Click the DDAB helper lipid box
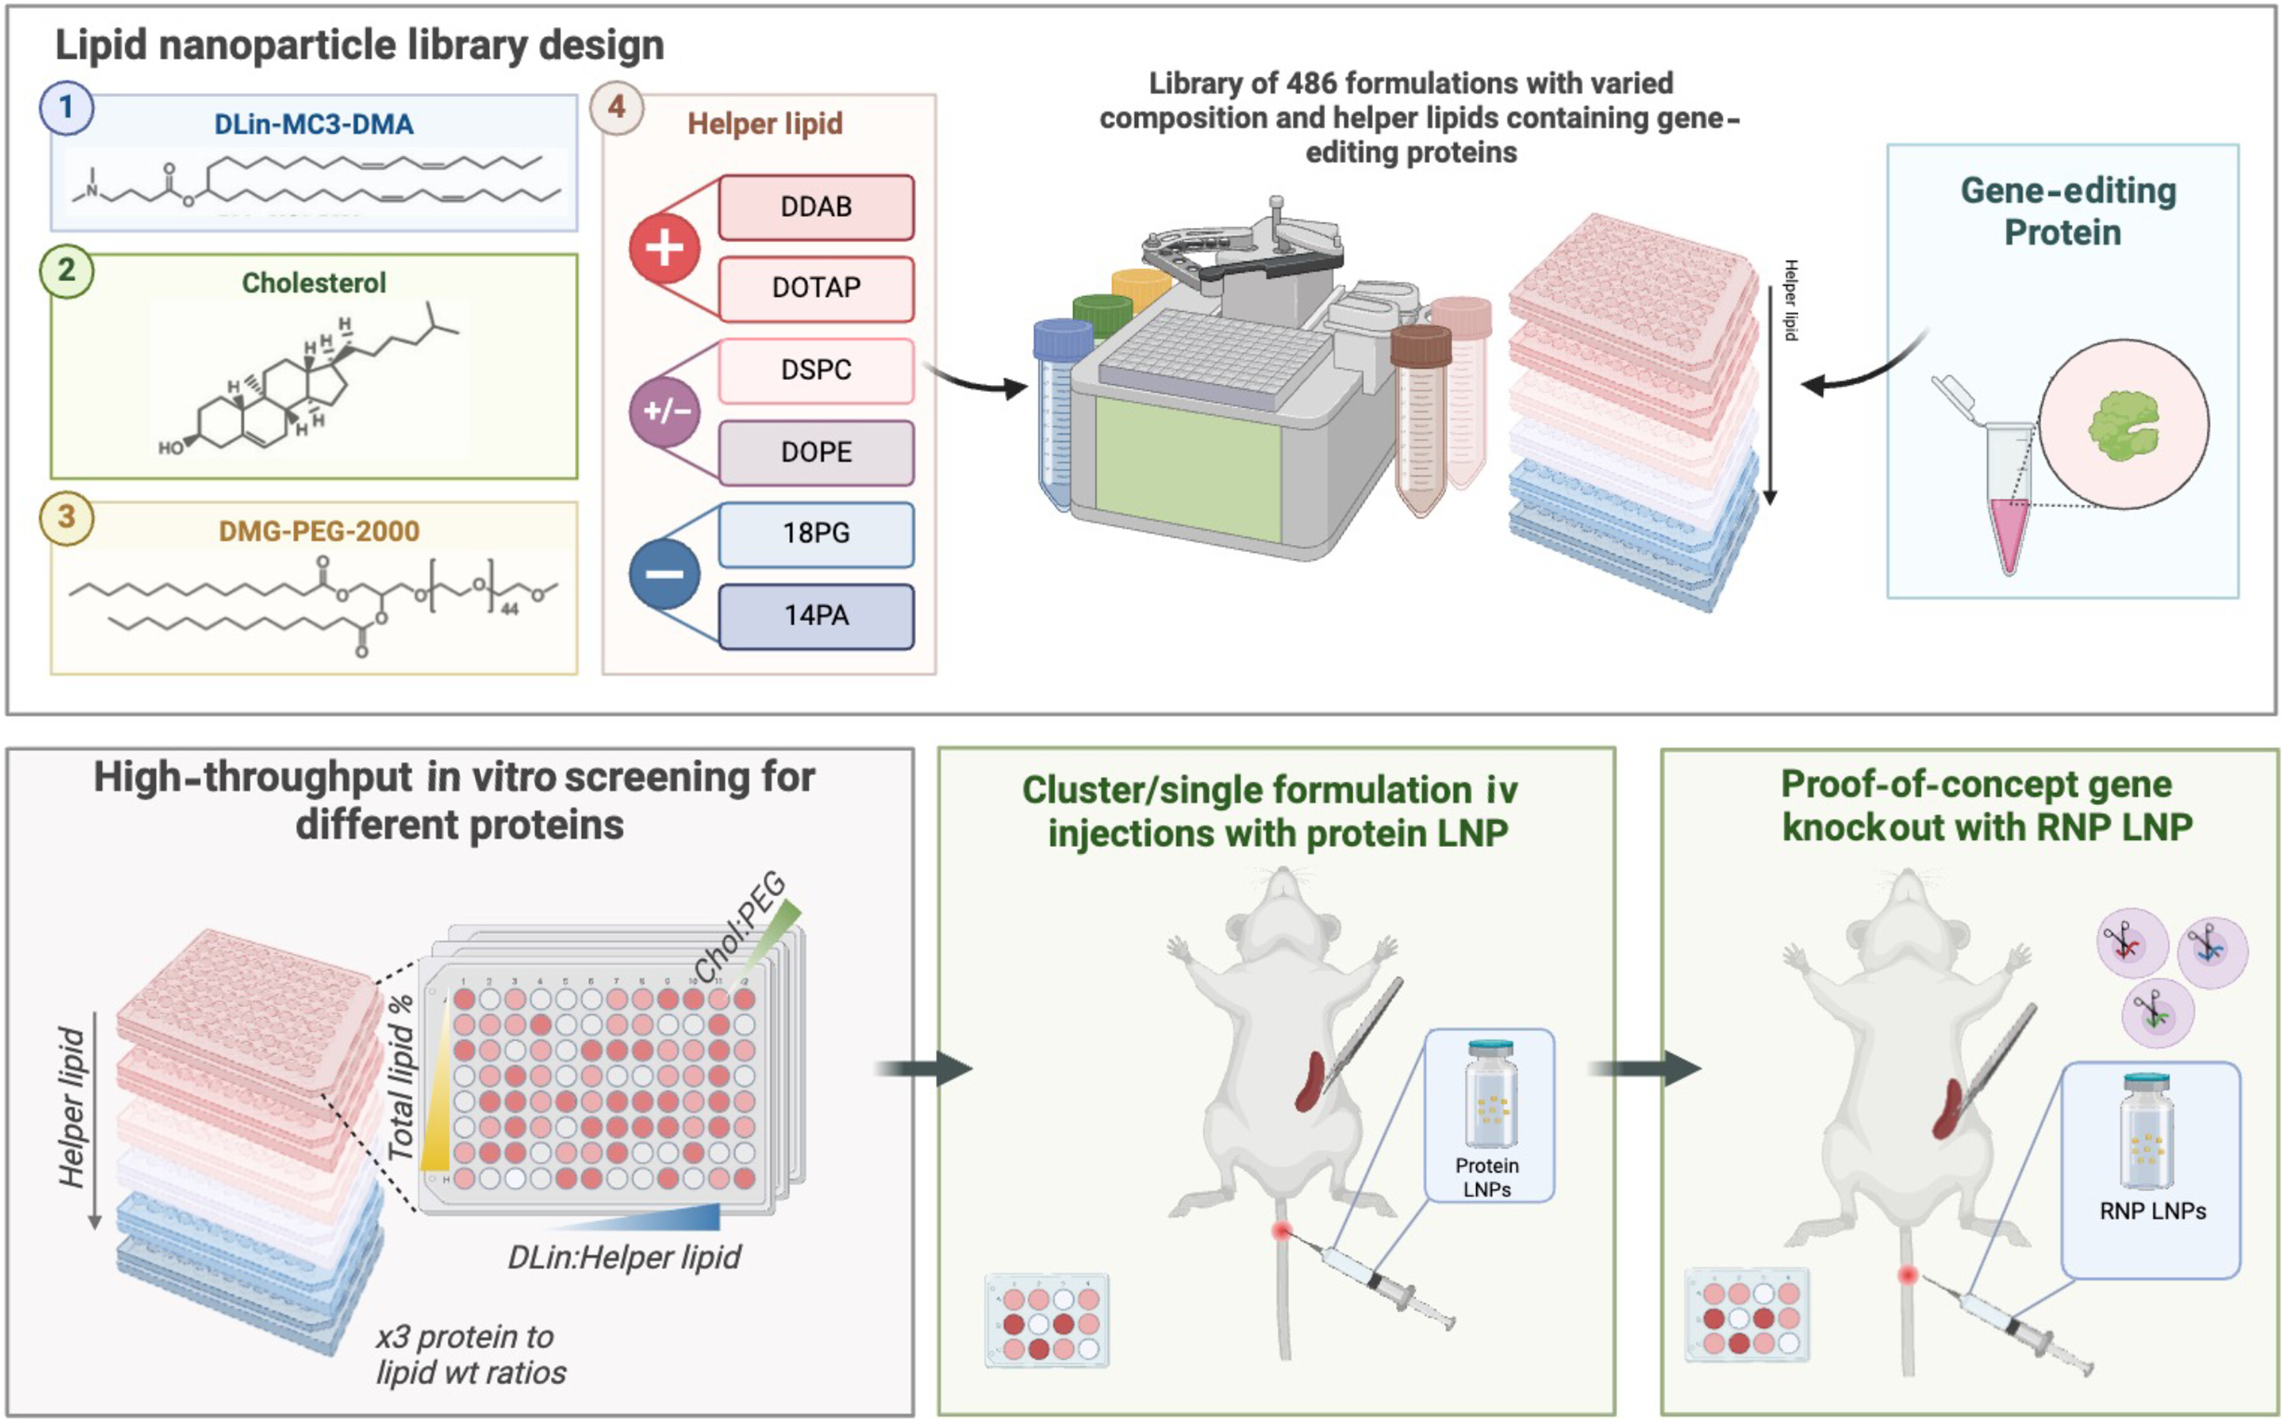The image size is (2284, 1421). (x=816, y=207)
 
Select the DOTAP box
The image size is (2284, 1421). (x=816, y=287)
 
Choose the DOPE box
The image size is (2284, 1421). (x=816, y=452)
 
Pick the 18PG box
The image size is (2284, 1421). (x=816, y=534)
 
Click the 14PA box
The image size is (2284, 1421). (x=816, y=615)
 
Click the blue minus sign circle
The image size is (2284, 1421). (x=664, y=574)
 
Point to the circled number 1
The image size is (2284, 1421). (x=66, y=108)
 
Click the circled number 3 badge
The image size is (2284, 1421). (x=66, y=517)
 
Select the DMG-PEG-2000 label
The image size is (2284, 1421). (x=318, y=531)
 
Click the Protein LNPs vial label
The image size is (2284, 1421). (x=1487, y=1177)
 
